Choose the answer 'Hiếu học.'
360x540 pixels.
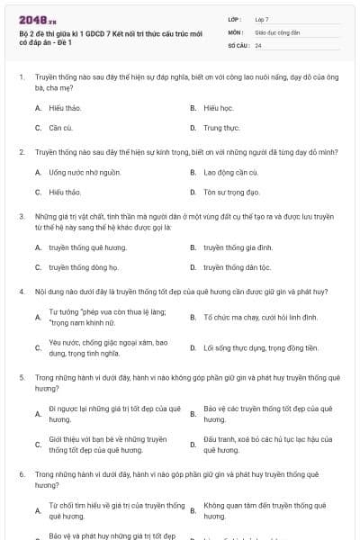click(218, 107)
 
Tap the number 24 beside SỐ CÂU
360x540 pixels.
click(258, 45)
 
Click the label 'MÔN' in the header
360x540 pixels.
click(235, 31)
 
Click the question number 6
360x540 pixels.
click(21, 473)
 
